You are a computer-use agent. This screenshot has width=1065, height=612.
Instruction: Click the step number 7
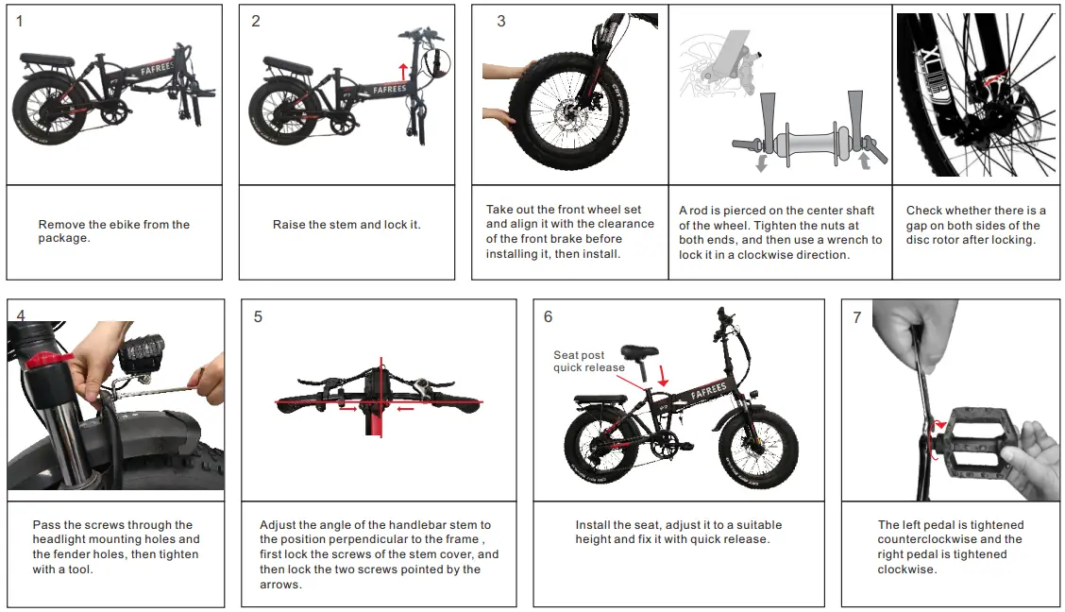[x=856, y=317]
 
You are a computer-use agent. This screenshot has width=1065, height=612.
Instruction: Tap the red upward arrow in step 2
[x=402, y=72]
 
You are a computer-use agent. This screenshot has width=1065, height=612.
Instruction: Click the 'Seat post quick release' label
[x=588, y=362]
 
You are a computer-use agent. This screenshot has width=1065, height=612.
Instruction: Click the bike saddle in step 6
[x=639, y=352]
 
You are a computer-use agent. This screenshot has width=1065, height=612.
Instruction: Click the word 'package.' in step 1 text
[x=65, y=239]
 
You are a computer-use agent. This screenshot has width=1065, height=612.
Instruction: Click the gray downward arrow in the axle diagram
[x=761, y=163]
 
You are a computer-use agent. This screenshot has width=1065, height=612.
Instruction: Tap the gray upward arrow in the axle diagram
[x=863, y=161]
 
